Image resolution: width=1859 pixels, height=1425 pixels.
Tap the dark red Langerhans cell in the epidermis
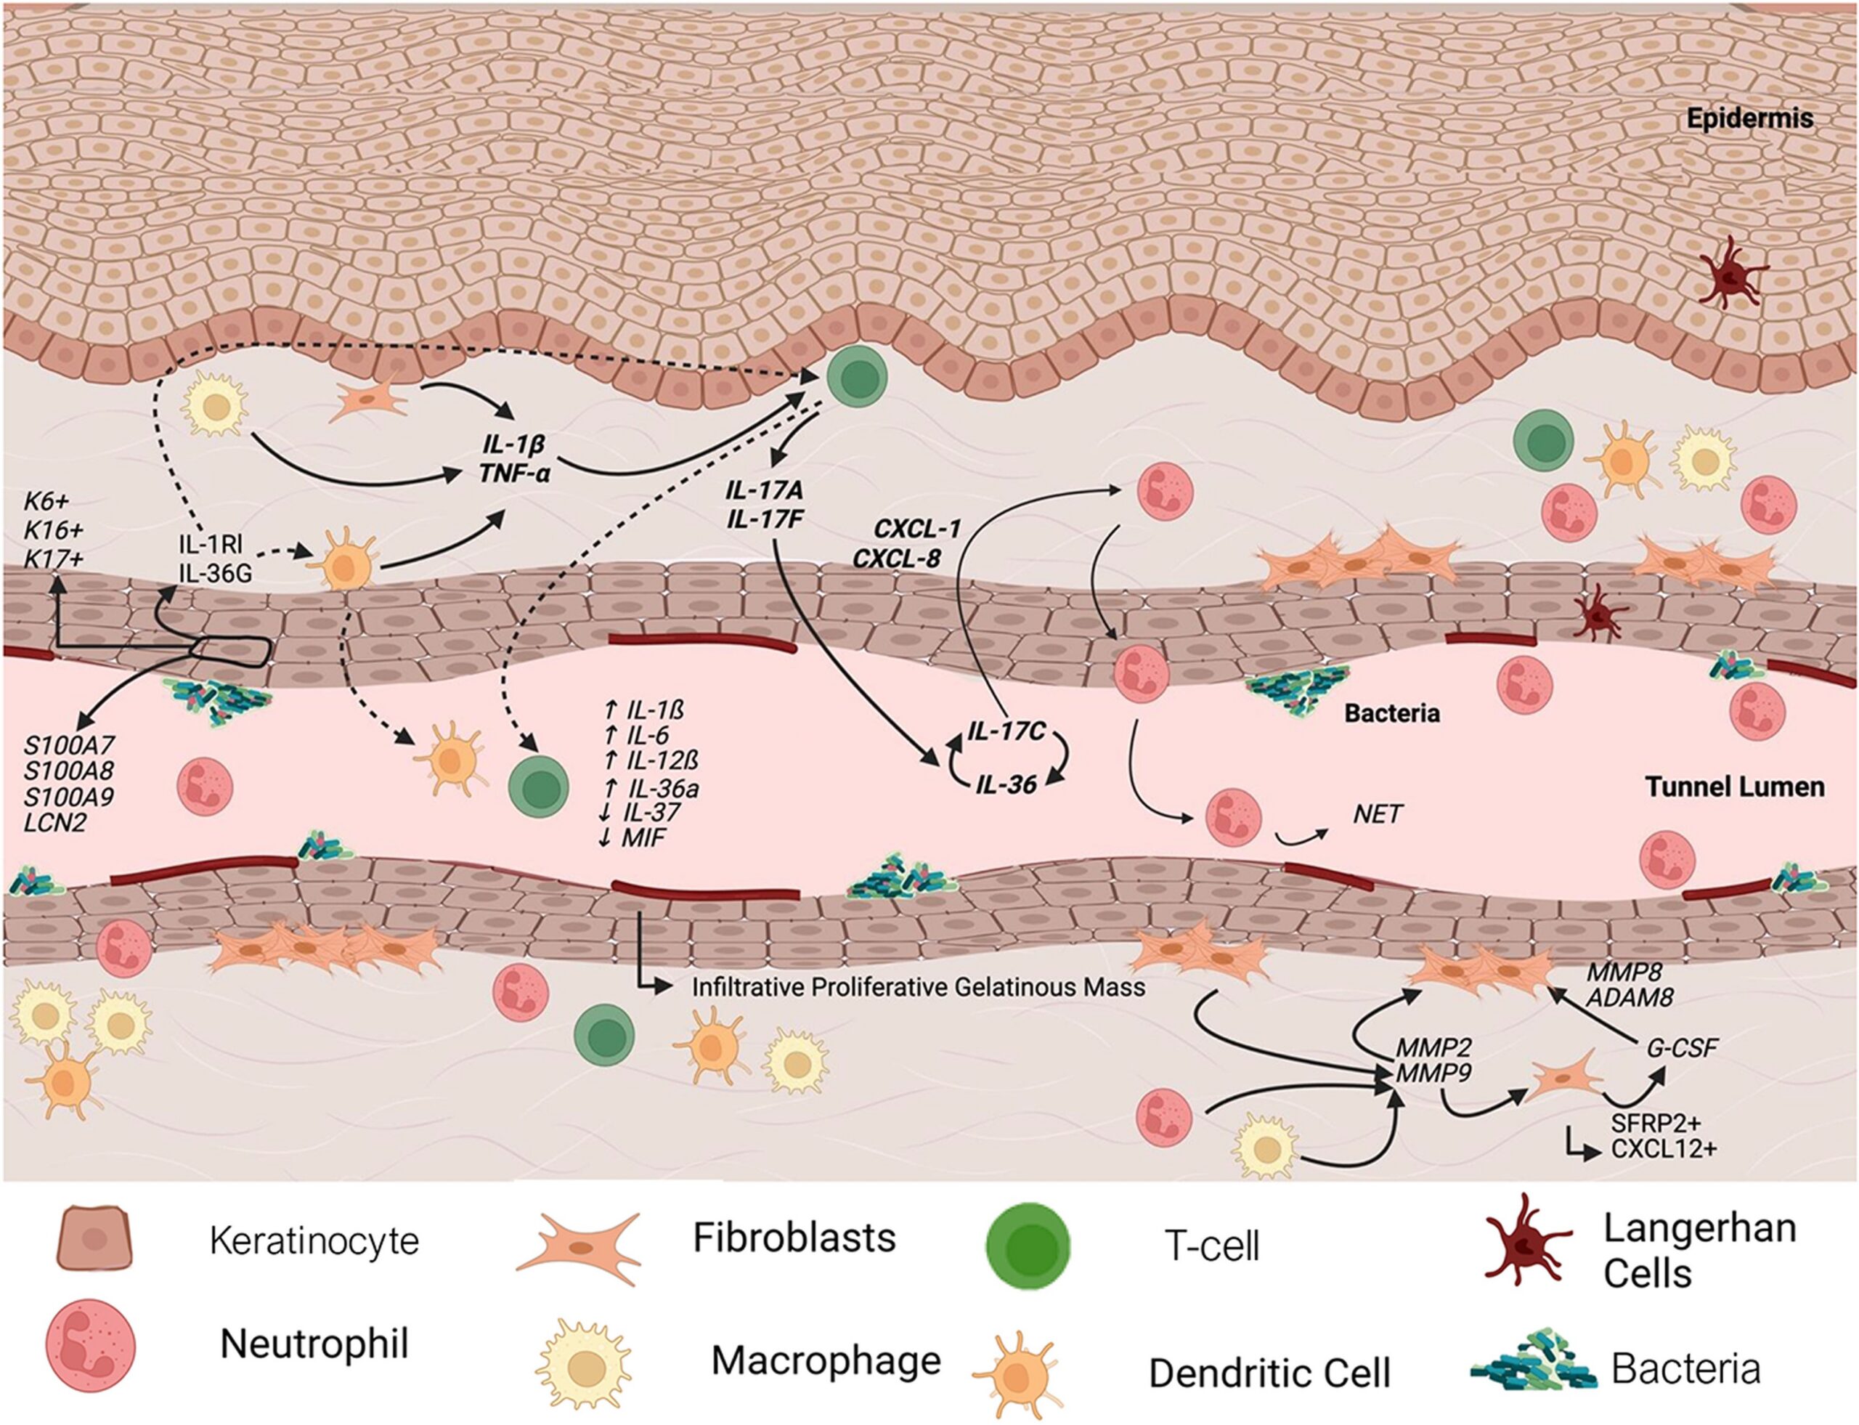click(1730, 272)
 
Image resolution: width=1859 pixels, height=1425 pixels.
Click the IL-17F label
click(765, 519)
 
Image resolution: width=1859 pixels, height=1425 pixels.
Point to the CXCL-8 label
click(898, 558)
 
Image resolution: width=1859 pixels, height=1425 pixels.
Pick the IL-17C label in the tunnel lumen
click(1006, 731)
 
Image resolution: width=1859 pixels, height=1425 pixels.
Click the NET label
click(1378, 815)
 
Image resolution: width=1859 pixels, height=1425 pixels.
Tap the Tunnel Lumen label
click(1735, 787)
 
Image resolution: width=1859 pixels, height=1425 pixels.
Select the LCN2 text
click(55, 822)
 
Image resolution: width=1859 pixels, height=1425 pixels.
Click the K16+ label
click(54, 530)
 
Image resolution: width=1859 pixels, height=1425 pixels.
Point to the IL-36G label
click(216, 573)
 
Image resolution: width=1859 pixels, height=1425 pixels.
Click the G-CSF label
click(1683, 1047)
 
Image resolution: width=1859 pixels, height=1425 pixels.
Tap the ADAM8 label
click(1630, 997)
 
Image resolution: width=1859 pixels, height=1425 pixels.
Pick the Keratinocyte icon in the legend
click(94, 1239)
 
